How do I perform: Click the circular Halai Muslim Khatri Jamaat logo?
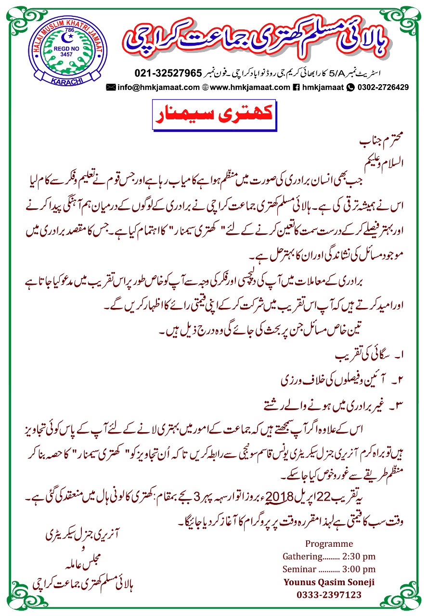point(65,54)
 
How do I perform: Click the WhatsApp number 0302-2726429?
point(383,87)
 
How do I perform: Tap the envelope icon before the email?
point(111,87)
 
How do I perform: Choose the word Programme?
point(329,544)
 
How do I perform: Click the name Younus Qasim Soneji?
point(329,582)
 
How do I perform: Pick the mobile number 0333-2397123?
point(329,595)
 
